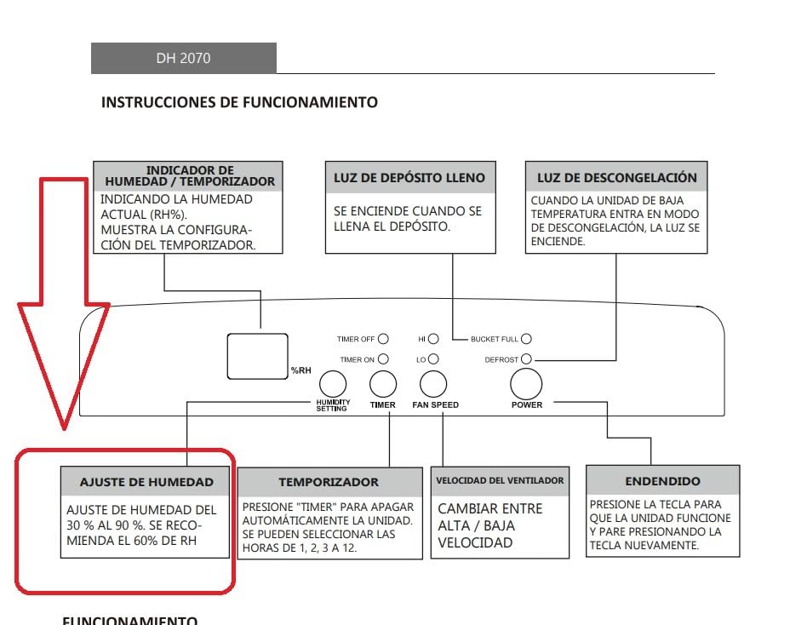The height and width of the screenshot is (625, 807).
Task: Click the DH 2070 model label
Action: [183, 58]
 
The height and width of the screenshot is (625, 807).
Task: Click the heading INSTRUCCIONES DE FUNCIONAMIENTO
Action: [239, 102]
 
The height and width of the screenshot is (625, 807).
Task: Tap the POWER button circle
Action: [526, 384]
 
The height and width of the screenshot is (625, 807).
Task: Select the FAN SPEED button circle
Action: [433, 384]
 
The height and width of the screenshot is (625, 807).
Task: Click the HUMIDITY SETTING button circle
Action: [333, 384]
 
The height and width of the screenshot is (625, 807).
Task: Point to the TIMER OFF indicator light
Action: [383, 339]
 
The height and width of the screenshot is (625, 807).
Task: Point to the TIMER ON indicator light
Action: [383, 358]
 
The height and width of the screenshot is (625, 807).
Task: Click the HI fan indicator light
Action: [433, 339]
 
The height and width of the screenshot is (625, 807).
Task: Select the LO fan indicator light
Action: [433, 358]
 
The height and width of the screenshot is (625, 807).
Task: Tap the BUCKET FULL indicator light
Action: [526, 339]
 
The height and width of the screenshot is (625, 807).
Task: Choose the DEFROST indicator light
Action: [526, 358]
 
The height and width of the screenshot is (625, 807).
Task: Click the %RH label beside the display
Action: [301, 370]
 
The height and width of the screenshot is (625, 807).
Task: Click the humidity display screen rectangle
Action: [257, 356]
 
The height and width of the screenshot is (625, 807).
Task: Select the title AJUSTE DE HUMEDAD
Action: [146, 483]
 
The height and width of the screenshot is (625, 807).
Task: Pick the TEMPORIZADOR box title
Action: [329, 483]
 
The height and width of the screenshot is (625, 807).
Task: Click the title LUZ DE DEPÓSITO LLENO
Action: [409, 178]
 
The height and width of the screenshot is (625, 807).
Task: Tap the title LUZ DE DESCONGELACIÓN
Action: [617, 178]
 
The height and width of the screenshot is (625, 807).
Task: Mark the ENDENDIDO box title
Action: [663, 481]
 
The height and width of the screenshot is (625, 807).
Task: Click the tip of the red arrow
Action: [65, 428]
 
